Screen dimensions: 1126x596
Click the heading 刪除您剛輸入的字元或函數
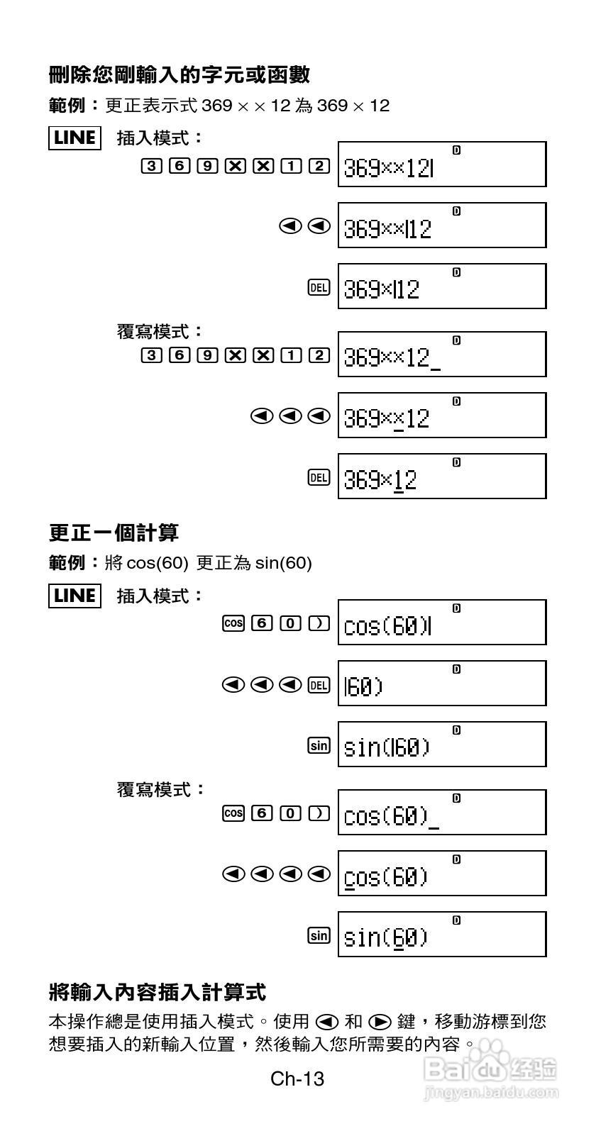(x=180, y=74)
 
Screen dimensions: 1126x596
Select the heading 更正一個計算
(x=114, y=533)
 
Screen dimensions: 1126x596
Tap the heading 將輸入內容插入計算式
(x=158, y=991)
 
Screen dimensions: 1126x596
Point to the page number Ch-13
(x=297, y=1078)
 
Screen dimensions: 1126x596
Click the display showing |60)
(x=442, y=683)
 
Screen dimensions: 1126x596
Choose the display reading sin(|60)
(x=442, y=744)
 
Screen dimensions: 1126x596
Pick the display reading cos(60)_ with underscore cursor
(x=442, y=812)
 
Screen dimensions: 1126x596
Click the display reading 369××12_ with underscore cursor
(x=442, y=354)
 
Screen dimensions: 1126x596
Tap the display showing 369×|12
(x=442, y=286)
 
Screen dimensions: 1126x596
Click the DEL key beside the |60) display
(x=319, y=684)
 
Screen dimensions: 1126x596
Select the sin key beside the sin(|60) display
(x=319, y=745)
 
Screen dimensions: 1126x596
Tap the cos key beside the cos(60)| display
(x=233, y=623)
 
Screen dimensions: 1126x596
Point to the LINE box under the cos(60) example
(x=74, y=596)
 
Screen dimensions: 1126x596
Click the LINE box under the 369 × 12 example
(x=74, y=138)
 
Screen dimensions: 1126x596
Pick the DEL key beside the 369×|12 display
(x=319, y=287)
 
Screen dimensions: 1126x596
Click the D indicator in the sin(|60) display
(x=456, y=730)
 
